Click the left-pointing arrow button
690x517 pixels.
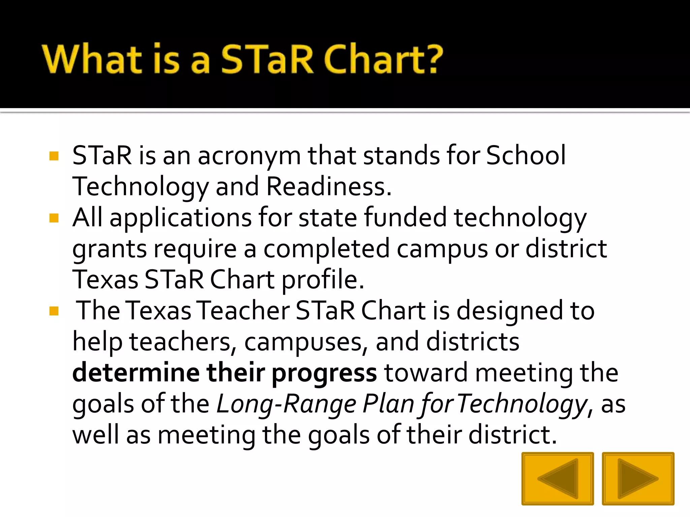click(x=558, y=478)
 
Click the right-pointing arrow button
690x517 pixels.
click(x=638, y=478)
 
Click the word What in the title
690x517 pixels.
click(x=92, y=59)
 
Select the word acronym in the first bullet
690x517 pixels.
click(x=249, y=156)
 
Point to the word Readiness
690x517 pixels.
click(x=329, y=187)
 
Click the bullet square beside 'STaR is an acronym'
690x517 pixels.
click(x=54, y=156)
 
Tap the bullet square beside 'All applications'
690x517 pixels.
click(x=54, y=218)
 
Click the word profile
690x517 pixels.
click(x=323, y=280)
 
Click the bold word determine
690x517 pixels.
click(x=136, y=373)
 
